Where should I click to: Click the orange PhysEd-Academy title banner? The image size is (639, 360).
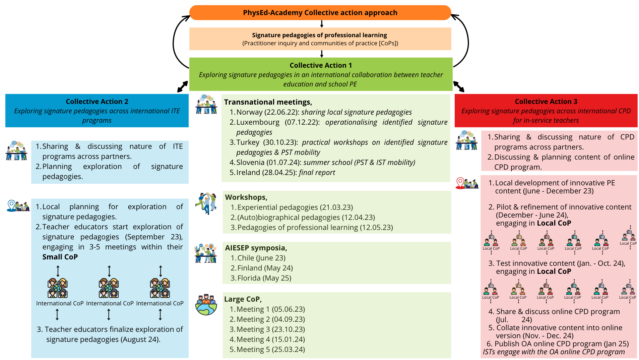320,13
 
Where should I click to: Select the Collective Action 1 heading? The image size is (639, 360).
321,65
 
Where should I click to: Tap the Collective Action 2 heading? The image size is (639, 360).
97,102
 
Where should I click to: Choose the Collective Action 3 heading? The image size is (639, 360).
546,102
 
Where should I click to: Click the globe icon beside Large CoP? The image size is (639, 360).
206,305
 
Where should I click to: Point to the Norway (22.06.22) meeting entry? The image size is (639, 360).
324,112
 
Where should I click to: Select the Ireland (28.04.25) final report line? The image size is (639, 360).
285,173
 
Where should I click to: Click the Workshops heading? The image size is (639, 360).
246,197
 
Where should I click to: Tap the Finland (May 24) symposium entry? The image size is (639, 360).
265,268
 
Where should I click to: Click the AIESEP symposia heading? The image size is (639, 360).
256,248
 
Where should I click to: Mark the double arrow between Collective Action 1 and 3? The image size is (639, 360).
459,86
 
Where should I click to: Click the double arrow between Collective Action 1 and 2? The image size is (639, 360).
183,86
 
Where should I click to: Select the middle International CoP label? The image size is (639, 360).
110,303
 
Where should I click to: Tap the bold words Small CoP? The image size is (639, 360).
60,257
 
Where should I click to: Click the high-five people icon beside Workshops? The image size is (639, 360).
206,203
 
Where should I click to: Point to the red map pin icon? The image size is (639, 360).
460,183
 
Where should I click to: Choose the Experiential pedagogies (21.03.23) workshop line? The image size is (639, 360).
295,207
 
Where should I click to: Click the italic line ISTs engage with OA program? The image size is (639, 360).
554,352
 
